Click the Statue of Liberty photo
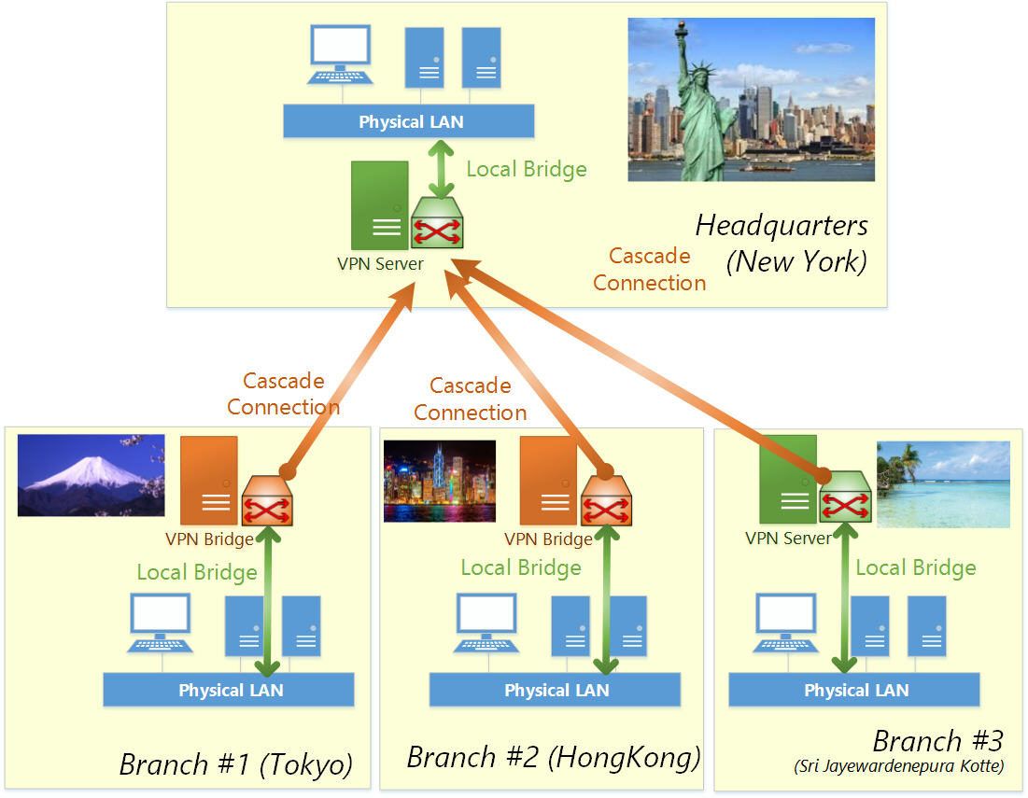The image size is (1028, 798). point(751,99)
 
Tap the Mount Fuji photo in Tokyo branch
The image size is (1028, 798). point(92,475)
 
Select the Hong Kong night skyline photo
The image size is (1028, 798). point(440,482)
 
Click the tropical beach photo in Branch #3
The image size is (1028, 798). point(943,484)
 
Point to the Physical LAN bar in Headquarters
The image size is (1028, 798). point(409,121)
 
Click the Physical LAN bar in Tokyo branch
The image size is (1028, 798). point(229,690)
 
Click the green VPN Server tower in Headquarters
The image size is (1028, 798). point(379,205)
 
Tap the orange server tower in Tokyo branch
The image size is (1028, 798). point(209,480)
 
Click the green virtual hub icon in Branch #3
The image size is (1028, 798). point(845,499)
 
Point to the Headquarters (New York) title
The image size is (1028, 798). point(782,243)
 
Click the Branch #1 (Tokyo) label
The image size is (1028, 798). point(235,765)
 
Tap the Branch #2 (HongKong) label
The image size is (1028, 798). point(554,757)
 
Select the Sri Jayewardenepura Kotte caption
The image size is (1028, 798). point(898,766)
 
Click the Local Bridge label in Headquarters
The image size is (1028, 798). point(527,169)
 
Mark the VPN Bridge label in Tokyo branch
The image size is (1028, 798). point(209,539)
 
